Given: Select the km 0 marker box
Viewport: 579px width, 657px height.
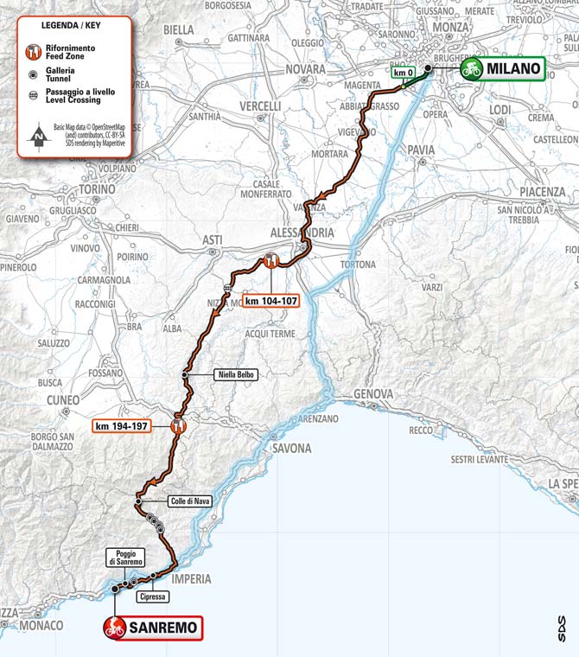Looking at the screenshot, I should click(403, 73).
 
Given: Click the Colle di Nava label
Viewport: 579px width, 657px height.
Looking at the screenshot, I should click(186, 501).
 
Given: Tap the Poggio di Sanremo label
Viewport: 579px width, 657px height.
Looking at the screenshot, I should click(124, 558).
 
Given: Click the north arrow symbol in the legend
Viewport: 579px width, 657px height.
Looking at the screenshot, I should click(37, 136).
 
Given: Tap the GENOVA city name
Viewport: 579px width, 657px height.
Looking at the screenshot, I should click(373, 394).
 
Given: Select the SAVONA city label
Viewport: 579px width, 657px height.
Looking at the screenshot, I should click(291, 448).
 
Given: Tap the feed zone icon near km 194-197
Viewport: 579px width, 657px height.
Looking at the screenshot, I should click(178, 424).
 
